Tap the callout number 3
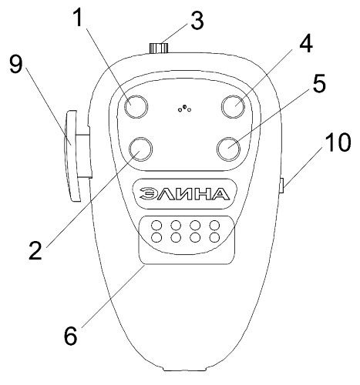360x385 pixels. point(197,20)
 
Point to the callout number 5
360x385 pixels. point(318,83)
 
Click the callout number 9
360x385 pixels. point(16,65)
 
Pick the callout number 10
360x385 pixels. point(338,142)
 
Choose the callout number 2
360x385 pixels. point(35,250)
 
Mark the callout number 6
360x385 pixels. point(70,336)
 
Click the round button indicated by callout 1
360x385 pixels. point(136,106)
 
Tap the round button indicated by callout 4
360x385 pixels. point(234,106)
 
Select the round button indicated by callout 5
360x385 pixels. point(228,149)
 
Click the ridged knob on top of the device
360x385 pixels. point(159,49)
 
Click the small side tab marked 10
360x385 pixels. point(281,186)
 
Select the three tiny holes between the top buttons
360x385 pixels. point(184,109)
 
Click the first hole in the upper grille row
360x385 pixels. point(156,226)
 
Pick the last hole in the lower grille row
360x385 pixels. point(214,237)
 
